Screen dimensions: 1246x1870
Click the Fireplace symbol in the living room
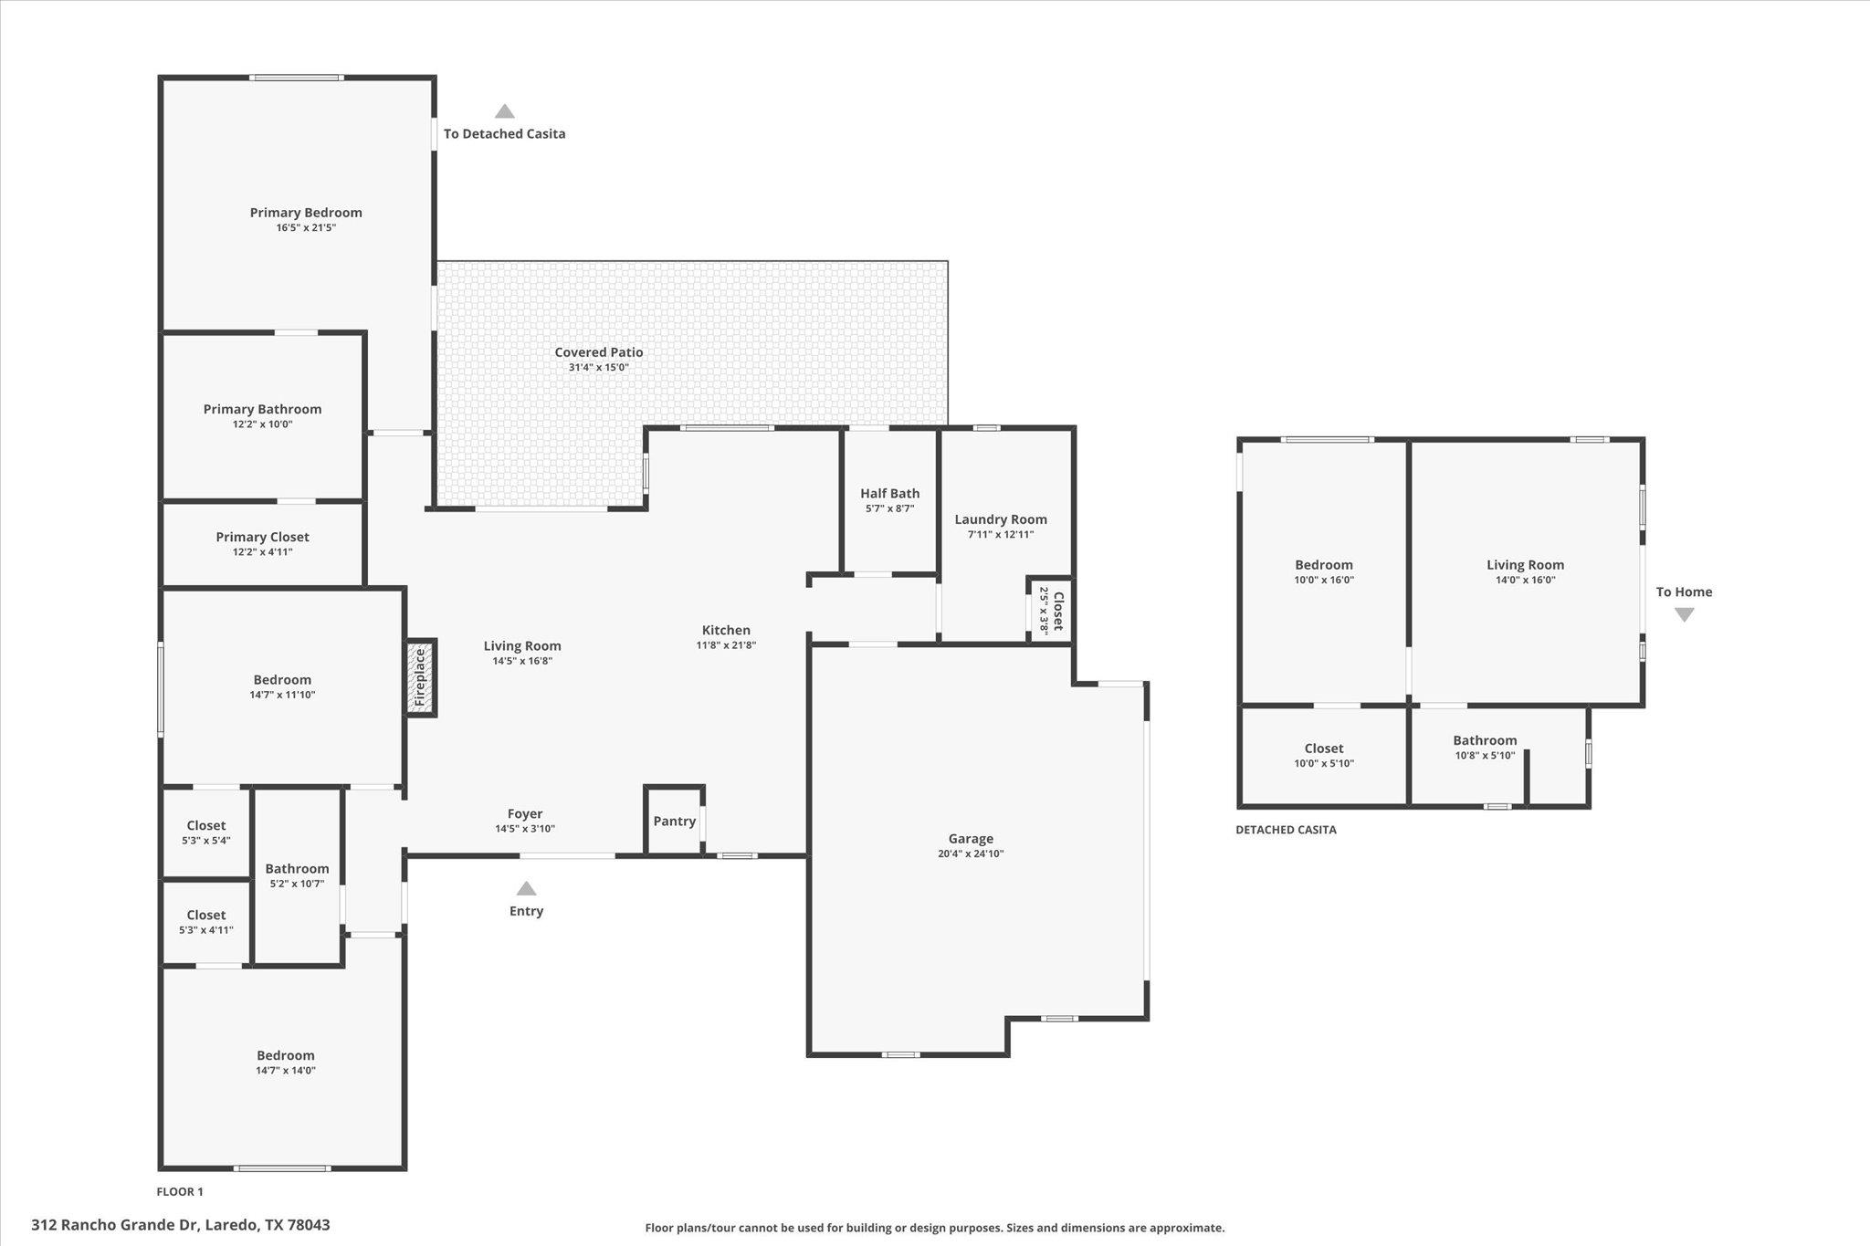(421, 677)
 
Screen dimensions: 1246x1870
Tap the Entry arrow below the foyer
(527, 889)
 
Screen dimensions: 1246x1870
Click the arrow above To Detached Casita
(505, 111)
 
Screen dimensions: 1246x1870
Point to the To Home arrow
(1684, 614)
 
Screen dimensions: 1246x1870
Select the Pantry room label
(675, 822)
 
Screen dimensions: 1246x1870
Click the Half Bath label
(890, 494)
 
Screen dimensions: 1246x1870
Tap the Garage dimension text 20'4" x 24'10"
(971, 853)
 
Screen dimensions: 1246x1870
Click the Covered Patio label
(599, 352)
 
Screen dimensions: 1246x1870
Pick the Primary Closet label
(263, 538)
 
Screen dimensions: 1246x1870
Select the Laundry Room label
(1001, 519)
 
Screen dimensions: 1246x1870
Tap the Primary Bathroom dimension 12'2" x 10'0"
(263, 424)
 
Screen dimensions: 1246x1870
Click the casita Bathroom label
(1485, 740)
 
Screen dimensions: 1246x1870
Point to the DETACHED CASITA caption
(1286, 830)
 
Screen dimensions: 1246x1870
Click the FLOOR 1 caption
(180, 1191)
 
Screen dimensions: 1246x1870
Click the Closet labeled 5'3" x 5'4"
(206, 826)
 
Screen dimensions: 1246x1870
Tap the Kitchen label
(726, 630)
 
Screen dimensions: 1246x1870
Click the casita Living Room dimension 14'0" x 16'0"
(1525, 580)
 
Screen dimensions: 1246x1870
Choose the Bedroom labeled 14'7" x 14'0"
(286, 1056)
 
